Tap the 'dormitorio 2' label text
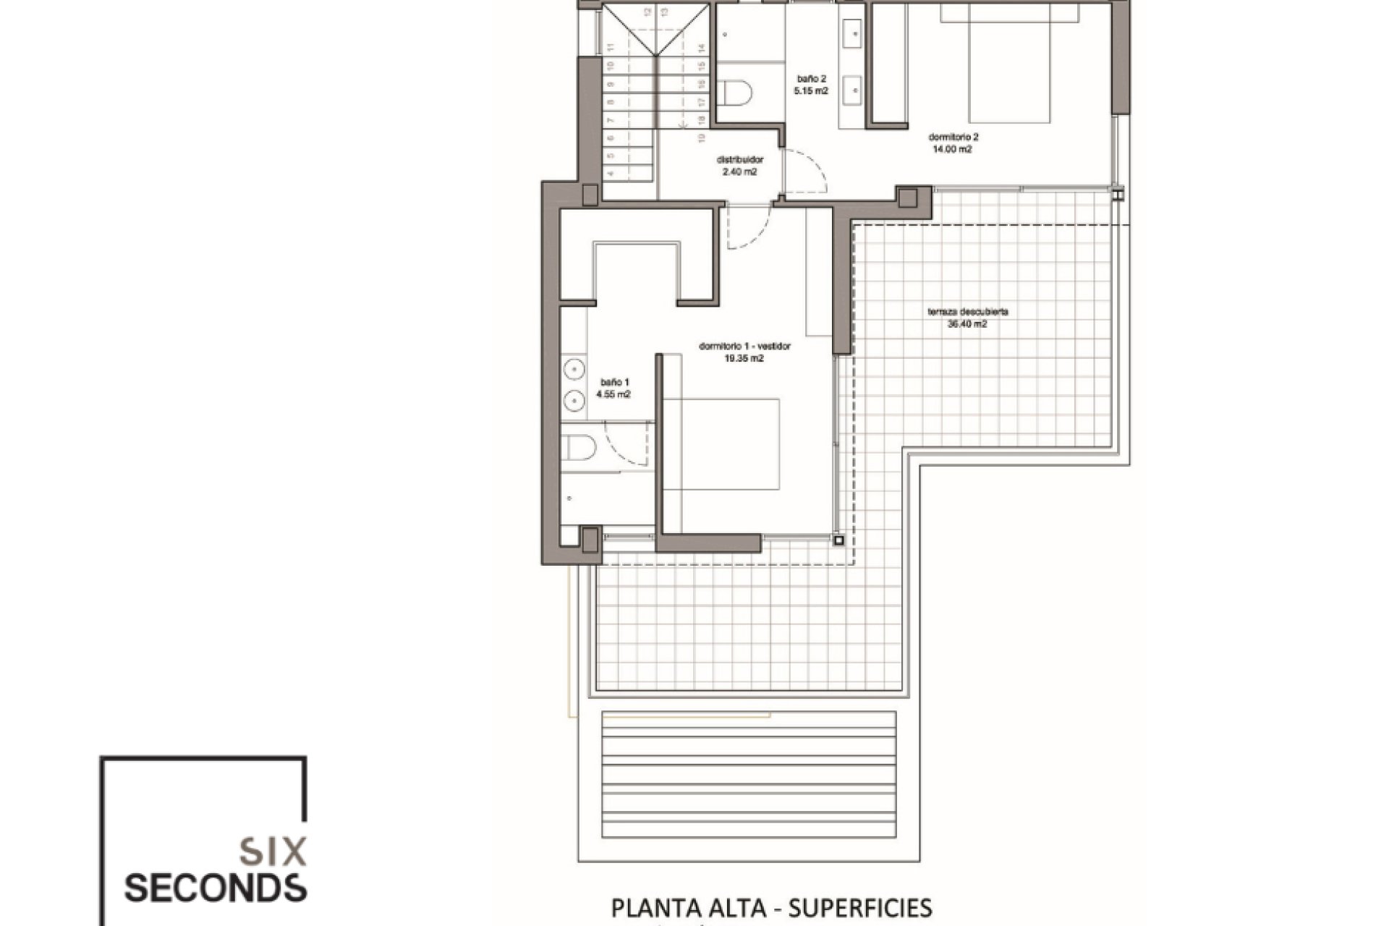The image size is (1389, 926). [953, 137]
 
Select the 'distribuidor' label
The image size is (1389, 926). [739, 160]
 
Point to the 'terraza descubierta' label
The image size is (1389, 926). [968, 312]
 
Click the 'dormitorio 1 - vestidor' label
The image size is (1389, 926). [744, 346]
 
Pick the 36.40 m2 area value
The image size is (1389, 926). [967, 325]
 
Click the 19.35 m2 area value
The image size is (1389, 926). [744, 358]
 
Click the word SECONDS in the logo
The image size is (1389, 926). [215, 888]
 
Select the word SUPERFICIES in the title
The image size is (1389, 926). [860, 908]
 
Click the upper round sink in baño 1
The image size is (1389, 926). [574, 368]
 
